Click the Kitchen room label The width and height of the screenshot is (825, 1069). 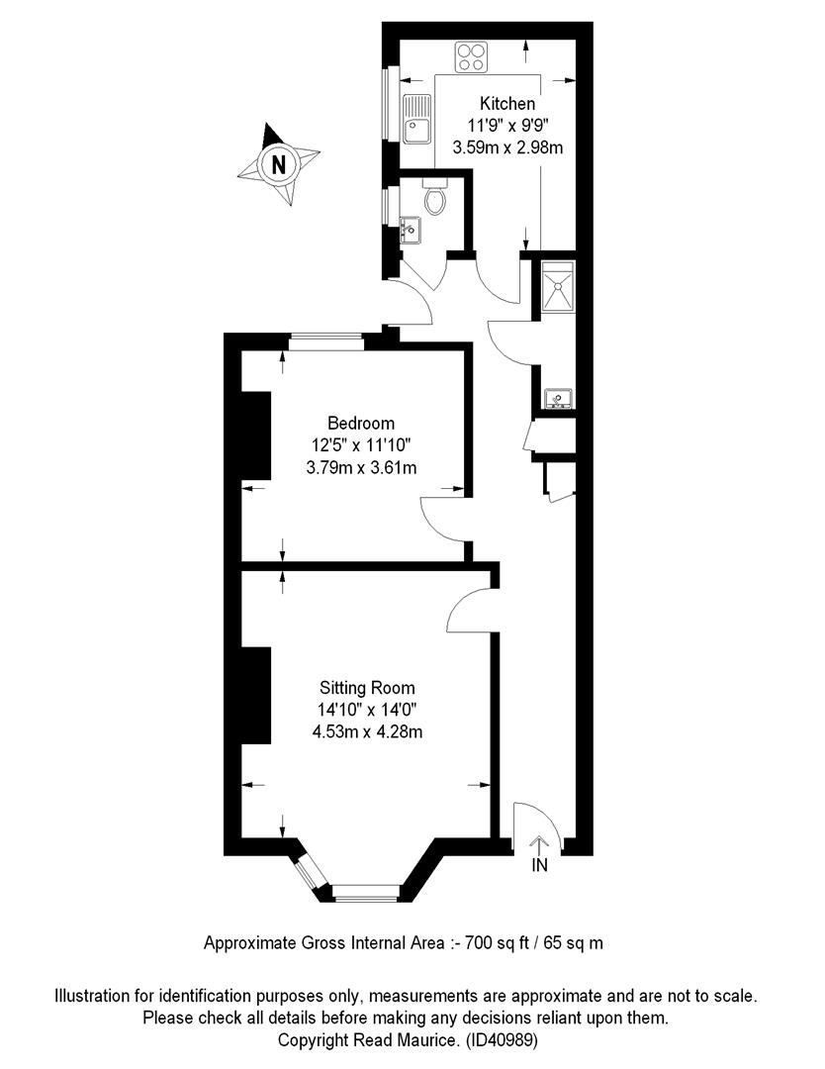pyautogui.click(x=506, y=104)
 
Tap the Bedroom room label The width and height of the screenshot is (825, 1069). pyautogui.click(x=361, y=424)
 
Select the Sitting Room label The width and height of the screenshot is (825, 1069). pyautogui.click(x=367, y=688)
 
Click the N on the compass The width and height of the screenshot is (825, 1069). pyautogui.click(x=279, y=164)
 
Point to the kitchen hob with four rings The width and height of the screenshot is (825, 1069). pyautogui.click(x=472, y=56)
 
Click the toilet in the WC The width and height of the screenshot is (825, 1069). pyautogui.click(x=434, y=197)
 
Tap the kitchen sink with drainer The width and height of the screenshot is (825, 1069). pyautogui.click(x=416, y=119)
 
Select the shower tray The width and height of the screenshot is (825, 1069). pyautogui.click(x=558, y=286)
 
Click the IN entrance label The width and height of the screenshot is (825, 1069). pyautogui.click(x=539, y=865)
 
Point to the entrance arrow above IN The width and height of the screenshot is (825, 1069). pyautogui.click(x=539, y=844)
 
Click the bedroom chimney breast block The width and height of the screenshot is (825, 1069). pyautogui.click(x=256, y=436)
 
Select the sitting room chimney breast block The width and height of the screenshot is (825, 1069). pyautogui.click(x=256, y=695)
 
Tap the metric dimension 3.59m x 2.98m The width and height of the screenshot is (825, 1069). pyautogui.click(x=507, y=147)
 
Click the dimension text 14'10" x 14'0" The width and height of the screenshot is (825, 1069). pyautogui.click(x=367, y=710)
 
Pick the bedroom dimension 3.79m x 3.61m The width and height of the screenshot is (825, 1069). pyautogui.click(x=361, y=467)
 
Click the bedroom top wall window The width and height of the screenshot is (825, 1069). pyautogui.click(x=325, y=341)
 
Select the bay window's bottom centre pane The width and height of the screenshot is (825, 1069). pyautogui.click(x=366, y=894)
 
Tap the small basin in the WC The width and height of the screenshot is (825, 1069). pyautogui.click(x=411, y=230)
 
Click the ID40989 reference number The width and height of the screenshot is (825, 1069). pyautogui.click(x=503, y=1040)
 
